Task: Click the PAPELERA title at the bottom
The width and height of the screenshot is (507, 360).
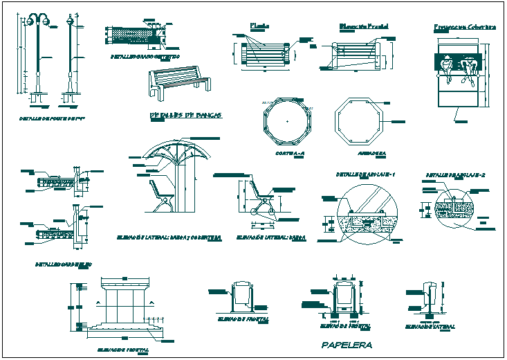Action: [x=347, y=345]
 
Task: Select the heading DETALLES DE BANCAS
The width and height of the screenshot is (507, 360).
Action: [x=185, y=115]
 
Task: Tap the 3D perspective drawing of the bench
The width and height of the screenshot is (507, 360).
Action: [x=178, y=82]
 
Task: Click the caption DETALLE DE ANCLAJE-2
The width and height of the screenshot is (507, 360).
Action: [x=454, y=175]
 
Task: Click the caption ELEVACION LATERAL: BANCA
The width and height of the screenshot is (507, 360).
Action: [x=262, y=237]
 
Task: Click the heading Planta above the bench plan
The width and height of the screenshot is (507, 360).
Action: [x=259, y=26]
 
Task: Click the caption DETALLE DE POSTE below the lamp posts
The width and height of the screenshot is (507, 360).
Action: [x=45, y=118]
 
